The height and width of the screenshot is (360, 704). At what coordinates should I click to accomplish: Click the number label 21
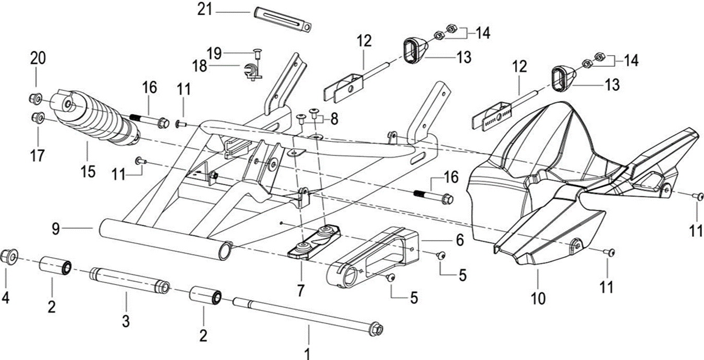204,10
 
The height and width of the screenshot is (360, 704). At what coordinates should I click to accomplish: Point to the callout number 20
38,58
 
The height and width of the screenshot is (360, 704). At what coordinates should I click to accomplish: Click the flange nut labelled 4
8,256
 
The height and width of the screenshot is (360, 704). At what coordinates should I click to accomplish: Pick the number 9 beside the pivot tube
56,228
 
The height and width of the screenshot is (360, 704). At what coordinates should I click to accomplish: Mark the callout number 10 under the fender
538,298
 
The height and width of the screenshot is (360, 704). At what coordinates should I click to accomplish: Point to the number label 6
459,240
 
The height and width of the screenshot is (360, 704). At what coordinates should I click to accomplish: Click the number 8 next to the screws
334,118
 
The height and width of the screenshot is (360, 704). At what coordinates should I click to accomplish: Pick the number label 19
214,53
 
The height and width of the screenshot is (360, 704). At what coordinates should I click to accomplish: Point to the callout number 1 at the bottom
308,353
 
